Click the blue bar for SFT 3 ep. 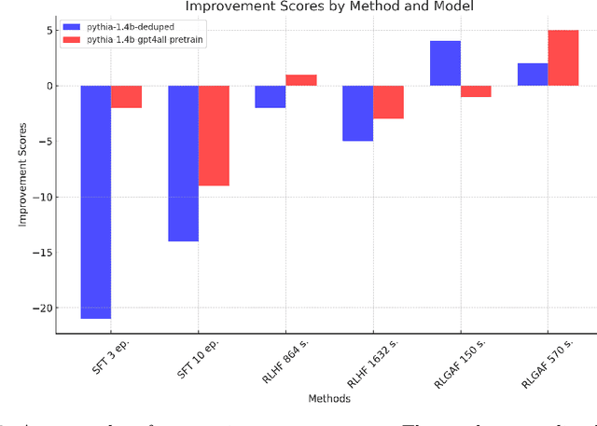(x=96, y=201)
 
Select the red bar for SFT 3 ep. (x=127, y=97)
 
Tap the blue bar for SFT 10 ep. (x=183, y=163)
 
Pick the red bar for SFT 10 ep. (x=214, y=135)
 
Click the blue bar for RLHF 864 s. (x=271, y=97)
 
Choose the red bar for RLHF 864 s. (x=301, y=80)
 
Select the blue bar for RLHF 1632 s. (x=357, y=113)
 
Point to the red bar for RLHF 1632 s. (x=388, y=103)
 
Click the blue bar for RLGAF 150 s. (x=445, y=63)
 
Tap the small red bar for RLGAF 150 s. (x=476, y=91)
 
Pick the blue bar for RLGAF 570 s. (x=532, y=75)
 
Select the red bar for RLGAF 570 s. (x=562, y=58)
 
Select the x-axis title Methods (x=330, y=398)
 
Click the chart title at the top (x=329, y=7)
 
